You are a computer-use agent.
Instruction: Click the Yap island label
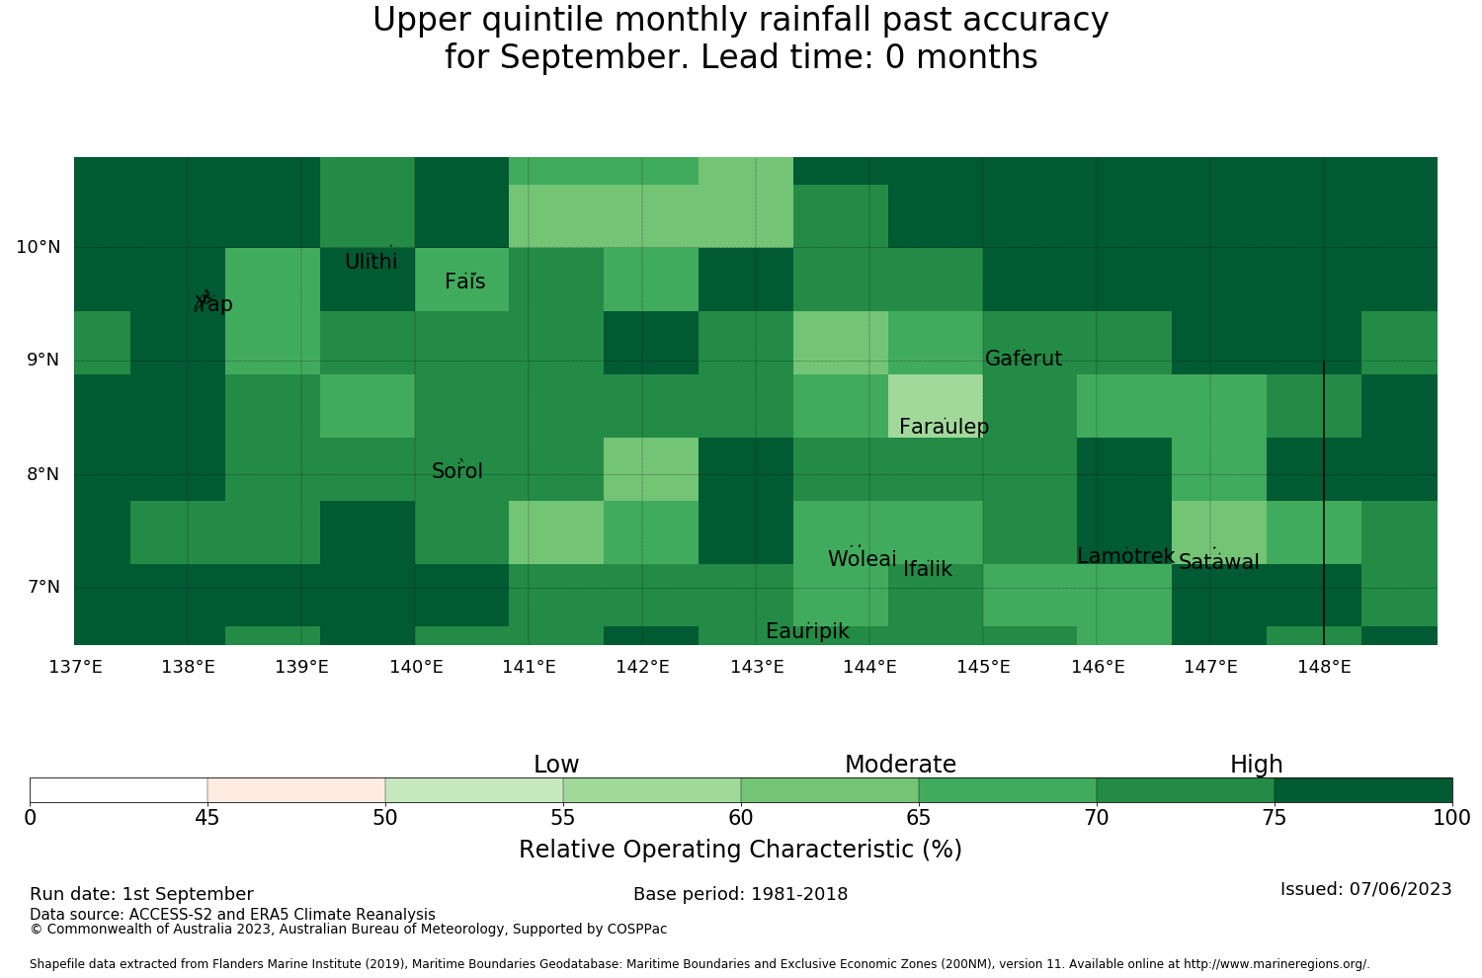coord(213,304)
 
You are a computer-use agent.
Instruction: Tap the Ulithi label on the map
coord(371,262)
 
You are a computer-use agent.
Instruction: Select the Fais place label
coord(465,282)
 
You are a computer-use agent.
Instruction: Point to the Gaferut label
coord(1024,358)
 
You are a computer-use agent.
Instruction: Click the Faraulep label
coord(945,427)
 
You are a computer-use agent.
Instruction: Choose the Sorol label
coord(457,471)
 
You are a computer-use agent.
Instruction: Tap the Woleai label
coord(863,558)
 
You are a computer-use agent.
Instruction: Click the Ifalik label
coord(928,568)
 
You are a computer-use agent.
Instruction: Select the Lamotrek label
coord(1125,556)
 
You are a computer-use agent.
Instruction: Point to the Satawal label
coord(1218,562)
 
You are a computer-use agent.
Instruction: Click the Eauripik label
coord(807,631)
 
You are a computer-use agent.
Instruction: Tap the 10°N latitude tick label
coord(39,248)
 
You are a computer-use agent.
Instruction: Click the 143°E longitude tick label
coord(757,667)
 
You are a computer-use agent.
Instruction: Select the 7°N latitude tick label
coord(43,587)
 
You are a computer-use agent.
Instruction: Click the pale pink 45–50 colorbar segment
coord(296,790)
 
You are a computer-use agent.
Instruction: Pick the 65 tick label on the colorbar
coord(918,818)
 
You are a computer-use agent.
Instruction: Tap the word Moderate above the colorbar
coord(900,765)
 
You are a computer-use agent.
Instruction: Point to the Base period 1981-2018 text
coord(740,894)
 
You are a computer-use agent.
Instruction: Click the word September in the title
coord(594,57)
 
